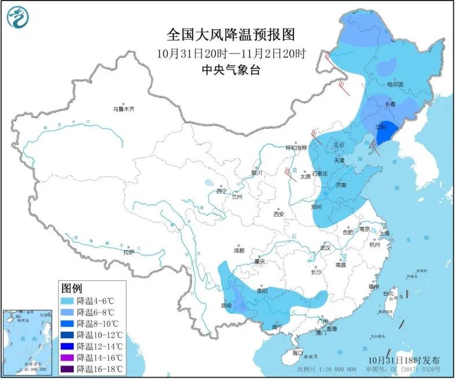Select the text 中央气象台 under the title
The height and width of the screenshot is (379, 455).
coord(230,70)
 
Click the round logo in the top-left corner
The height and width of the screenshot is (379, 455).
coord(19,17)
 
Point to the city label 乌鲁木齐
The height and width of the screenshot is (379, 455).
coord(123,109)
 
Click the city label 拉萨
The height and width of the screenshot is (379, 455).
coord(128,252)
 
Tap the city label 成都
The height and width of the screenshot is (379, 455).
coord(238,250)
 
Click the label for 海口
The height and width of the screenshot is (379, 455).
coord(298,352)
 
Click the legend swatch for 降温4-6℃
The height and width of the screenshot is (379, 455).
coord(68,300)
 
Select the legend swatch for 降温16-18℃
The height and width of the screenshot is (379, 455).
coord(68,369)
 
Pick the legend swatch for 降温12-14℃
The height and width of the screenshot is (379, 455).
coord(68,346)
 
